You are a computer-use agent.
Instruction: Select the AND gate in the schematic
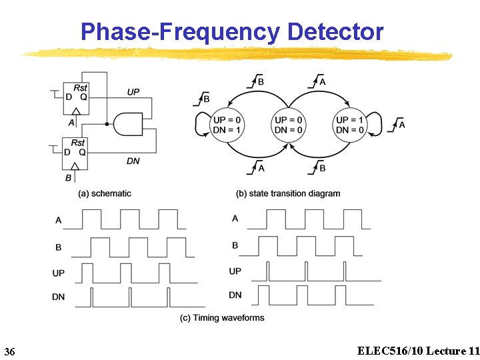click(x=129, y=123)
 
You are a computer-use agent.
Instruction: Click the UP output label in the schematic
click(x=133, y=91)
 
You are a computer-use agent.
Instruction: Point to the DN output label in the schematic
click(x=133, y=161)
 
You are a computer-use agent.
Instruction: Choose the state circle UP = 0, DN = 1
click(x=227, y=125)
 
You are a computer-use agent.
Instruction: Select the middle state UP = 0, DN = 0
click(x=288, y=125)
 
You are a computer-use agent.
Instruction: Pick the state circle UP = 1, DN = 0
click(x=349, y=125)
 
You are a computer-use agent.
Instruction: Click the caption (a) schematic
click(x=105, y=193)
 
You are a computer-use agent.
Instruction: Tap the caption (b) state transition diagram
click(x=288, y=193)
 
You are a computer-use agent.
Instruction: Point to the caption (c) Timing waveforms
click(x=222, y=317)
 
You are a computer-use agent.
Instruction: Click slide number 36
click(x=10, y=351)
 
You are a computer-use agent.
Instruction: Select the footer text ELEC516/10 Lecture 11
click(x=418, y=351)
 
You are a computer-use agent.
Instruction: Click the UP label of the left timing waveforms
click(x=59, y=273)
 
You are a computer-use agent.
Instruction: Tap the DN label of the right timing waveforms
click(x=235, y=295)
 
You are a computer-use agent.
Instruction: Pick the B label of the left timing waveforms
click(x=59, y=247)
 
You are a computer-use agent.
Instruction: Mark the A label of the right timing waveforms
click(x=235, y=218)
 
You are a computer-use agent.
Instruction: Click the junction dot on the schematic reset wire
click(x=107, y=123)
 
